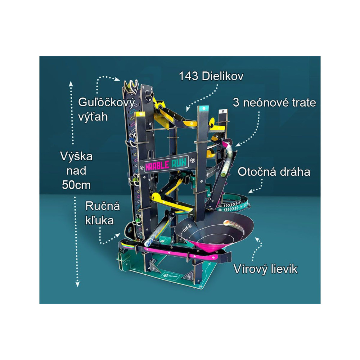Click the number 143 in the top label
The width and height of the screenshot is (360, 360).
pyautogui.click(x=189, y=76)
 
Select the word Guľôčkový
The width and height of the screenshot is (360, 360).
pyautogui.click(x=106, y=103)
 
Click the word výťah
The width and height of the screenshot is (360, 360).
pyautogui.click(x=93, y=117)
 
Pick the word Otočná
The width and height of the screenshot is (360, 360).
pyautogui.click(x=255, y=172)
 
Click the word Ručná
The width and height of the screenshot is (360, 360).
pyautogui.click(x=103, y=206)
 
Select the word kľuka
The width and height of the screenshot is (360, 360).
pyautogui.click(x=100, y=220)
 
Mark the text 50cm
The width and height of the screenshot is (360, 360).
pyautogui.click(x=76, y=185)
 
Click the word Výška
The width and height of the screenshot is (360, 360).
pyautogui.click(x=76, y=156)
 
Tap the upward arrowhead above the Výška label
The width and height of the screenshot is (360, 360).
pyautogui.click(x=71, y=84)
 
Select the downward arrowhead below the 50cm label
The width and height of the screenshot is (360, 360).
pyautogui.click(x=78, y=284)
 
